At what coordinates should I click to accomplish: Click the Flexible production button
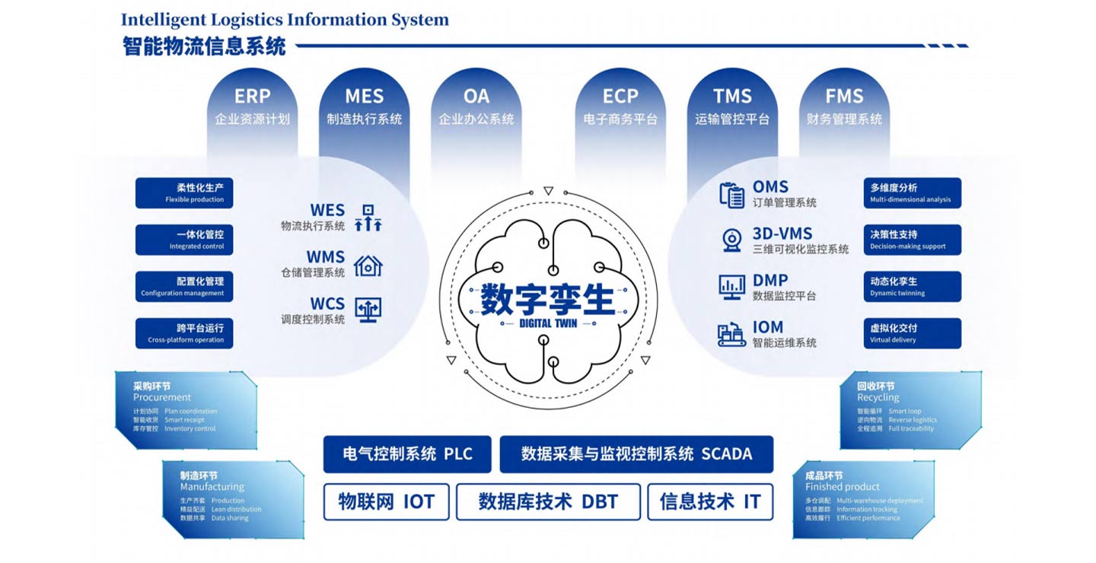tap(184, 193)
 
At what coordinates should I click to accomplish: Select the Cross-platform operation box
tap(184, 333)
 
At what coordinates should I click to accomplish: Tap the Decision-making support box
tap(912, 240)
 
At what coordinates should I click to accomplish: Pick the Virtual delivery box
tap(912, 333)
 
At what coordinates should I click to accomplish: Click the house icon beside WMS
tap(368, 265)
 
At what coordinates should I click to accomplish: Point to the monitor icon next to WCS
tap(368, 310)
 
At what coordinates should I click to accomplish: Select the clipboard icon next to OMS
tap(732, 195)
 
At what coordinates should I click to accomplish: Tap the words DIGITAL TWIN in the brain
tap(548, 323)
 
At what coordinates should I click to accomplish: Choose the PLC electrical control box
tap(407, 454)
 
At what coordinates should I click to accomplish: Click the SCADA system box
tap(636, 454)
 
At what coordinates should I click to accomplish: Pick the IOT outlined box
tap(387, 501)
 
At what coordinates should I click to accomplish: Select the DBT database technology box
tap(548, 501)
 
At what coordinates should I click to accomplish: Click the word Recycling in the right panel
tap(878, 397)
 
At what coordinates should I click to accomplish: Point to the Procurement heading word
tap(162, 397)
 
